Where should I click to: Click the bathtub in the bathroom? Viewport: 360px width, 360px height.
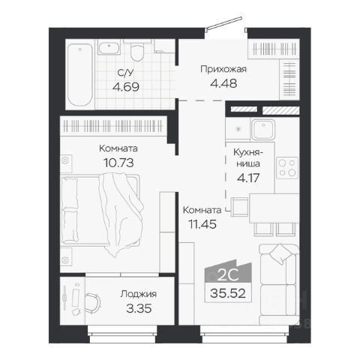[80, 75]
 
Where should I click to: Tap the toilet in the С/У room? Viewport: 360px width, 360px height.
[137, 52]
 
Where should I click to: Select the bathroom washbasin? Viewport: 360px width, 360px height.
[109, 48]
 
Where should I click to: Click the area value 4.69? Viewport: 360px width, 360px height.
[126, 87]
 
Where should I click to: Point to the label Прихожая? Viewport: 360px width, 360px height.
[223, 69]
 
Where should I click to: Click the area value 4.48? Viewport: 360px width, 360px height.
[223, 83]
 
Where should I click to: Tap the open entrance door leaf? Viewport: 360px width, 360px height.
[223, 24]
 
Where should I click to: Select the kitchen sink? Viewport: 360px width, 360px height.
[263, 129]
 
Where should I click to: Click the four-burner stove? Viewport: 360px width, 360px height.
[287, 167]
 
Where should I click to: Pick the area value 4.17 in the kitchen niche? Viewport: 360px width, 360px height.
[248, 178]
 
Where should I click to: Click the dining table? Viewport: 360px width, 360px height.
[274, 208]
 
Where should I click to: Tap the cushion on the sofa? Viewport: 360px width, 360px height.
[280, 253]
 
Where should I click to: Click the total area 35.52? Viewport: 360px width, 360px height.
[228, 293]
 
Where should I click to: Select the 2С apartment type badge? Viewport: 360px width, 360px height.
[228, 272]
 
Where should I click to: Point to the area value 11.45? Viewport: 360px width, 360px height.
[202, 224]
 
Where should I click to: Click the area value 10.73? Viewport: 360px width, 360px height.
[118, 163]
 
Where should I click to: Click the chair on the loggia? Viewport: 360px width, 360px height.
[92, 303]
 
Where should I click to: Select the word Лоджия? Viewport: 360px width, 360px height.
[139, 294]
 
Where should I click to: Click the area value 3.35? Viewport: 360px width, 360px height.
[139, 308]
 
